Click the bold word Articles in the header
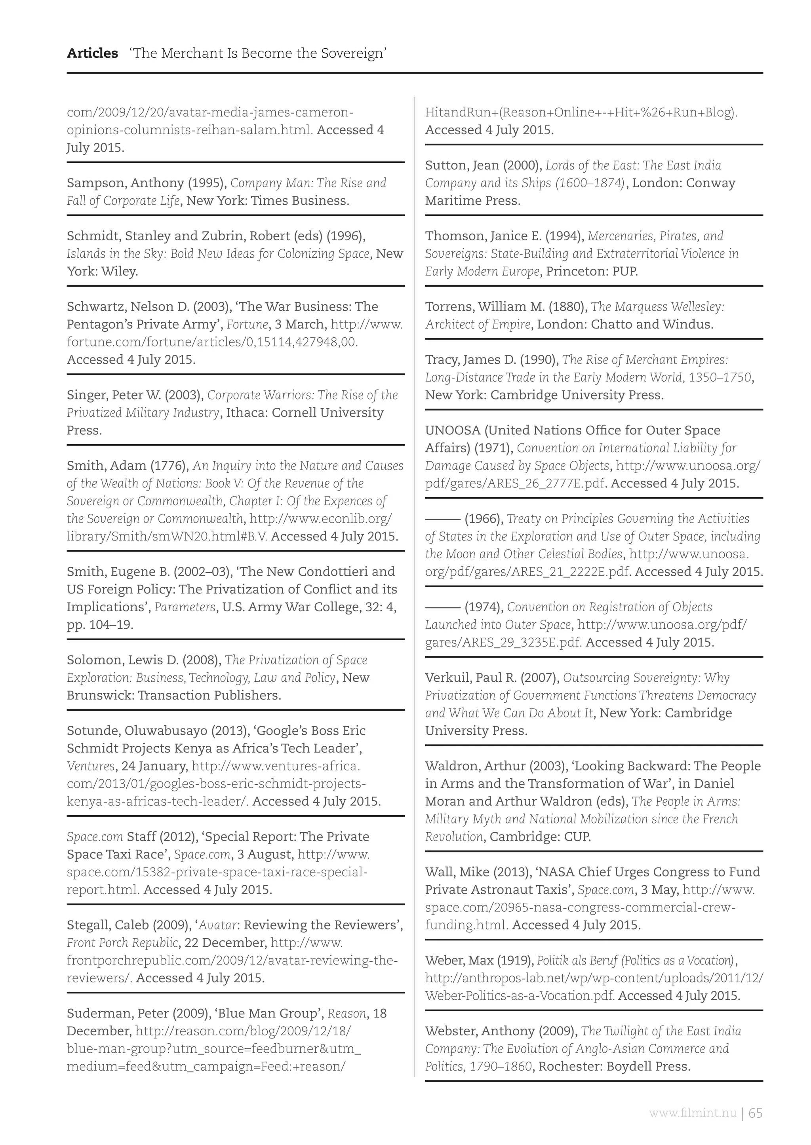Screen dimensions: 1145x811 [92, 53]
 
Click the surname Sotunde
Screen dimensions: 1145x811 [93, 731]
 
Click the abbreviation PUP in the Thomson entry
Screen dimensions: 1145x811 [625, 272]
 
